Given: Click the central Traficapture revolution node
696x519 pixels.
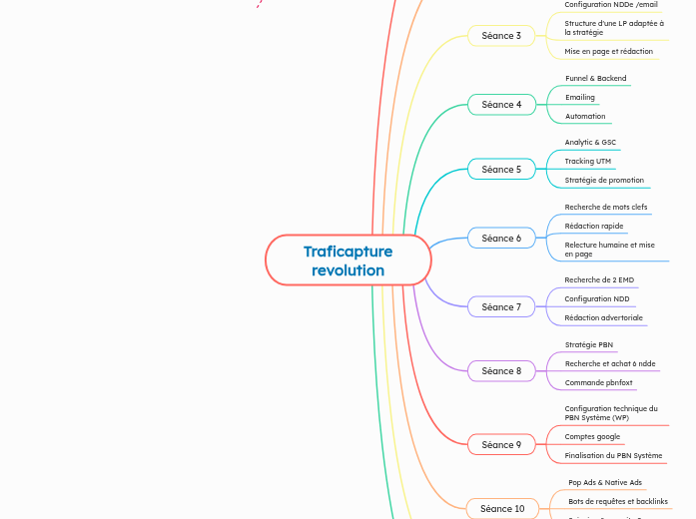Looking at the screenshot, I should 348,260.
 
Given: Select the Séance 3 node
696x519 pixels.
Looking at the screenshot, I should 501,36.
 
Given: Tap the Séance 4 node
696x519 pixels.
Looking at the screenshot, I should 501,105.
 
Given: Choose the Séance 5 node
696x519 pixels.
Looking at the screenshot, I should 501,170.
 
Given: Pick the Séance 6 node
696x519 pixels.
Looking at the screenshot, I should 501,239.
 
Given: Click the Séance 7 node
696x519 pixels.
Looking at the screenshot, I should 501,307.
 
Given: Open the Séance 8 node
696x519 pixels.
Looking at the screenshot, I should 501,371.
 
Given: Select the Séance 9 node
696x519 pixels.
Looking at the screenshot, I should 501,445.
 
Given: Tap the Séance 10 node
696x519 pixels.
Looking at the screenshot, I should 501,509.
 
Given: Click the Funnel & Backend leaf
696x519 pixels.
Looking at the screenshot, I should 595,78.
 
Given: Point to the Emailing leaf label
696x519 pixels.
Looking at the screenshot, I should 579,97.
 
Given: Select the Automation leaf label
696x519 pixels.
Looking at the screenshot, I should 585,116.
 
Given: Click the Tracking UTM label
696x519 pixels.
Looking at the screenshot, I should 587,161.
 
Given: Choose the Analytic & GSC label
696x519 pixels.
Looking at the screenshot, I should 590,142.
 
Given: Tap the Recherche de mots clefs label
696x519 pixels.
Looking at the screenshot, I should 605,207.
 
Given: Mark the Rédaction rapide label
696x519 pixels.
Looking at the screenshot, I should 593,226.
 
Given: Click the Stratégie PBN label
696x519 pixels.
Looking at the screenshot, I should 588,344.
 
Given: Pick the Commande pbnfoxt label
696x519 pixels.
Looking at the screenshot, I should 598,382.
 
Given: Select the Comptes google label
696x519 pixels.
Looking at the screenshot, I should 592,436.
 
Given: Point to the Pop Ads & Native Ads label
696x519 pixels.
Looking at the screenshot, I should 605,482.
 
